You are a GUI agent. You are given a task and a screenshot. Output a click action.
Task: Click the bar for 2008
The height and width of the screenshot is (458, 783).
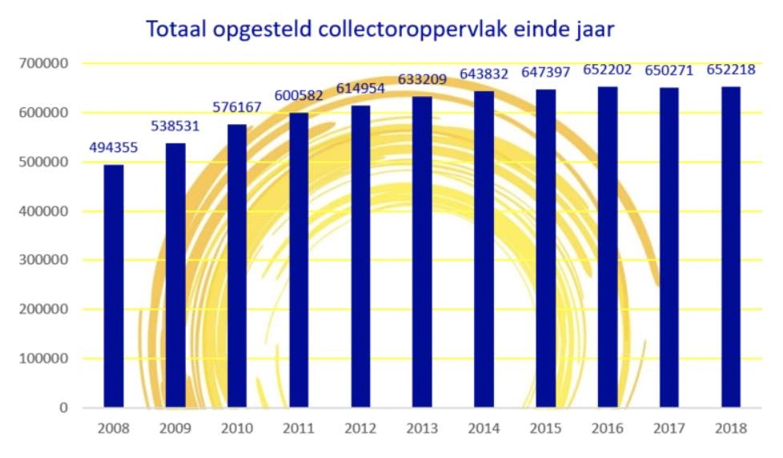(114, 286)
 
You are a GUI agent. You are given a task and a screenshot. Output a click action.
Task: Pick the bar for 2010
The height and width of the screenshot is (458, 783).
(237, 266)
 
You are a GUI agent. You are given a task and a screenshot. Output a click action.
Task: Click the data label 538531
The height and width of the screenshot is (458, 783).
(175, 127)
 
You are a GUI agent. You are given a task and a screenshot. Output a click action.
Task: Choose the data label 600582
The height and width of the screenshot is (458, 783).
(299, 96)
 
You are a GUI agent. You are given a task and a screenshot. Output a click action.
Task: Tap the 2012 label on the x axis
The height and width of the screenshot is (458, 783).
(360, 428)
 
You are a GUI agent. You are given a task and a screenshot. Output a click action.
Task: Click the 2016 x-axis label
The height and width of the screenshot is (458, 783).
(607, 428)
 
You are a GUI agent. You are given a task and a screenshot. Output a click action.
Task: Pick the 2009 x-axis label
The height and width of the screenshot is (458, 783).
(175, 428)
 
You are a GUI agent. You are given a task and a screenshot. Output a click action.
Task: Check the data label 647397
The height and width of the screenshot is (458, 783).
(545, 73)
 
